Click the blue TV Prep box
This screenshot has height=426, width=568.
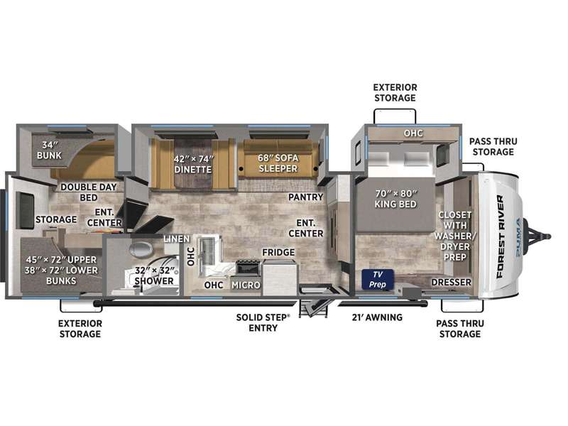coord(378,279)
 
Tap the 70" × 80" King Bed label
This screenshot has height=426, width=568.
coord(395,199)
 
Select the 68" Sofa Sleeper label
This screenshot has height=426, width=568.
coord(278,163)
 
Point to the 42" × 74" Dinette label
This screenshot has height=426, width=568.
coord(193,164)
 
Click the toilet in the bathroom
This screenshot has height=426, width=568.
coord(141,249)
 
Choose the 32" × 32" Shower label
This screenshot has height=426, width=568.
coord(154,275)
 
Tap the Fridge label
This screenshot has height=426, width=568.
coord(278,252)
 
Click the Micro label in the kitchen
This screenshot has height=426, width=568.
coord(246,285)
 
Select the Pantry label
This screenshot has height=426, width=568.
coord(305,197)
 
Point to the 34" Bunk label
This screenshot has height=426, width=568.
coord(49,150)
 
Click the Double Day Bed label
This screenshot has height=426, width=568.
coord(89,192)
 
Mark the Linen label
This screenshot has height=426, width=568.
coord(177,239)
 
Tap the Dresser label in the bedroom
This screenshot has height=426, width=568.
coord(452,282)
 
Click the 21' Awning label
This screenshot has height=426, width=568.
coord(377,317)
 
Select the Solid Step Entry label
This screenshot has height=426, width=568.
coord(263,322)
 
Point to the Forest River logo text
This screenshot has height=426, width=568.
coord(500,236)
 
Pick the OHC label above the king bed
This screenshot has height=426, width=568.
coord(413,133)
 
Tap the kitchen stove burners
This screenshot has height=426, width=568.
coord(248,263)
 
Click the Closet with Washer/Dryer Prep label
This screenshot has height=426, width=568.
coord(455,236)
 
